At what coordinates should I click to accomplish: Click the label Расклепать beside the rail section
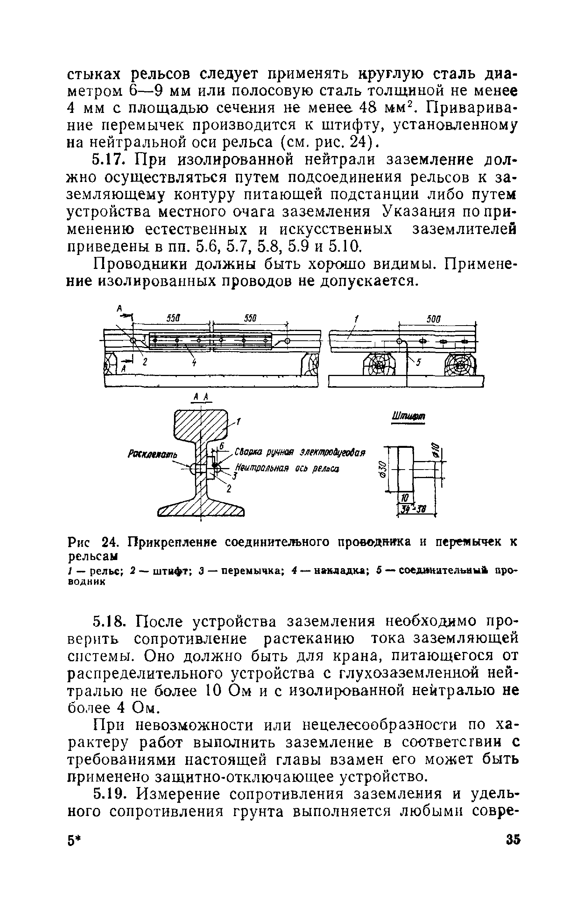[x=152, y=454]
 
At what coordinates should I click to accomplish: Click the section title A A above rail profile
[x=202, y=397]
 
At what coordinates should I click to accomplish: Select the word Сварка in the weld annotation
[x=248, y=452]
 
